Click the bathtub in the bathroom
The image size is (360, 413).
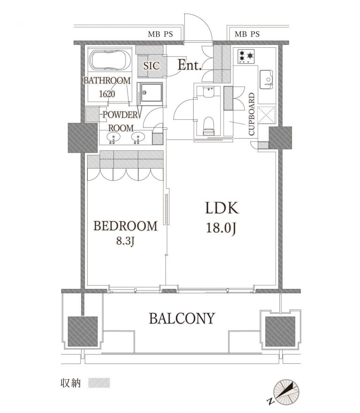tap(110, 60)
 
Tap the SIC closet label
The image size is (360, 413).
tap(151, 66)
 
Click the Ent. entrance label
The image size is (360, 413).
tap(190, 65)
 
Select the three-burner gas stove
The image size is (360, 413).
tap(246, 56)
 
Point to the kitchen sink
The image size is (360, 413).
tap(266, 79)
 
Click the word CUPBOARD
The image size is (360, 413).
tap(252, 114)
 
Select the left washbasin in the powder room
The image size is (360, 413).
tap(113, 137)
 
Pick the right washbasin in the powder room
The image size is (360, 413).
tap(138, 137)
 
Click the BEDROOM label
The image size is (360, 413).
tap(125, 226)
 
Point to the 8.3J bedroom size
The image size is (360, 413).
tap(126, 241)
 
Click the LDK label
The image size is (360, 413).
tap(222, 208)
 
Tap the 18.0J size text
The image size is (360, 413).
tap(221, 228)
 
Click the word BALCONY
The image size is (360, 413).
tap(182, 318)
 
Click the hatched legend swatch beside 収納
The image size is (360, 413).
tap(99, 383)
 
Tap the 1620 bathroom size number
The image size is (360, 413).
tap(107, 94)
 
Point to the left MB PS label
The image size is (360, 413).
tap(160, 34)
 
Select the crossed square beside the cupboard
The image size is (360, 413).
tap(266, 115)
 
